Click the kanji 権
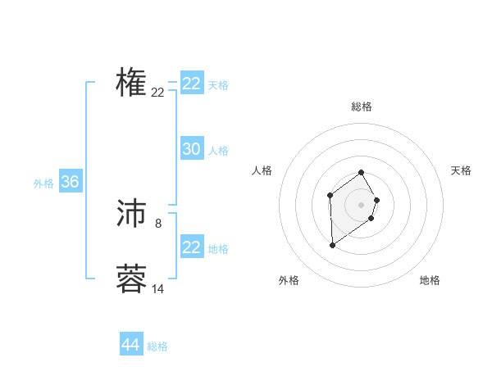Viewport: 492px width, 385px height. pos(131,82)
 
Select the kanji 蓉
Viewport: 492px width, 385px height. pos(131,279)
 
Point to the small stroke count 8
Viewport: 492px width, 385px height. pos(158,223)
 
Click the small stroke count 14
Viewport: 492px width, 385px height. pos(158,289)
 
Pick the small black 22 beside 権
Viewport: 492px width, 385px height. pos(158,93)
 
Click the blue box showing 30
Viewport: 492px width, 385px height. pos(192,149)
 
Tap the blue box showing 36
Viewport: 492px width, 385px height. pos(70,182)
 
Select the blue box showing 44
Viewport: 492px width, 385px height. pos(131,345)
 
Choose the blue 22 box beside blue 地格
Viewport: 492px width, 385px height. pos(192,247)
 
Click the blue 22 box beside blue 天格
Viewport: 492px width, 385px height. pos(192,84)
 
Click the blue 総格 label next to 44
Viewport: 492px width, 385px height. pos(157,346)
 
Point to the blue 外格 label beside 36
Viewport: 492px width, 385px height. pos(43,183)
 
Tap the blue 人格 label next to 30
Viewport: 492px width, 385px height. pos(218,151)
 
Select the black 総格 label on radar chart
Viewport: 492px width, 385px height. pos(362,106)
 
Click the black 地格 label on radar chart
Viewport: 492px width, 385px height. pos(430,281)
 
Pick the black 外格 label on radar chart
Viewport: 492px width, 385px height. pos(289,281)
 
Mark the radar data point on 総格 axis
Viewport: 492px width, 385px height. pos(362,172)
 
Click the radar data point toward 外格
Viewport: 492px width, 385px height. pos(332,245)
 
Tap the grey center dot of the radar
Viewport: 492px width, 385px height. pos(362,204)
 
